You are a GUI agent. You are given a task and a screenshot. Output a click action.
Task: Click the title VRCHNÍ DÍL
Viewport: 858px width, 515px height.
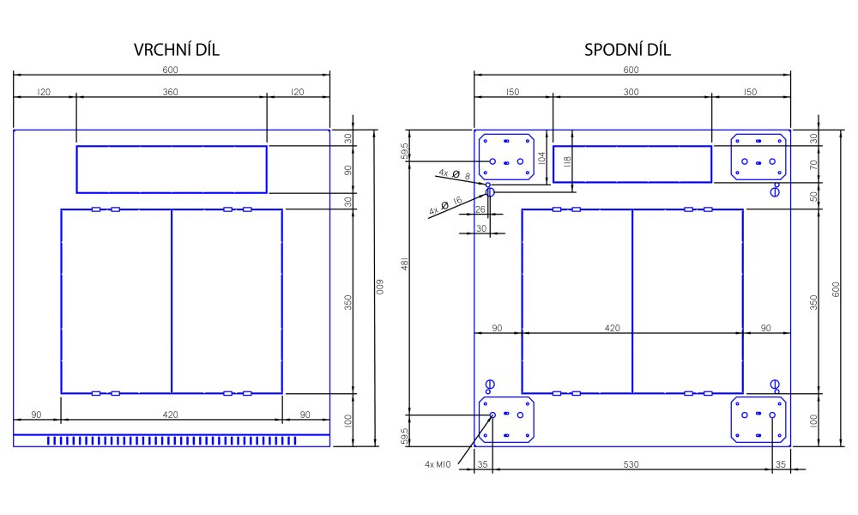coord(177,50)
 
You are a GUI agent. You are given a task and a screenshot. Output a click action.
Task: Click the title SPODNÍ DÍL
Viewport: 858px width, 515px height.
coord(627,50)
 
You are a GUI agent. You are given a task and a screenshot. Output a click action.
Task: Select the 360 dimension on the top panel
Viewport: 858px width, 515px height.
coord(171,92)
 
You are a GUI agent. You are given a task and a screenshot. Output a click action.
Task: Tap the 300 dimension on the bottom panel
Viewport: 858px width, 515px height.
coord(631,92)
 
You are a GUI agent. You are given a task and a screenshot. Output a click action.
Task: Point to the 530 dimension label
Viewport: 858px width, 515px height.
coord(631,464)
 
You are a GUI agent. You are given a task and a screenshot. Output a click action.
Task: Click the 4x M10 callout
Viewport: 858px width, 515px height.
coord(438,464)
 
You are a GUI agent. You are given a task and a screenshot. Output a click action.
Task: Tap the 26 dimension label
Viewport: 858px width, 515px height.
coord(480,209)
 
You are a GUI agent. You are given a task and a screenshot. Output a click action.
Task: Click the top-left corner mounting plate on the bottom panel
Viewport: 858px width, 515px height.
coord(506,156)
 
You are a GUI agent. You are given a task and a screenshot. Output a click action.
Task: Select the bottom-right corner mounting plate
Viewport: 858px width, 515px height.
coord(759,420)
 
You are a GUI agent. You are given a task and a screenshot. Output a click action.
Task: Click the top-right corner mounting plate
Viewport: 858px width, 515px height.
coord(759,156)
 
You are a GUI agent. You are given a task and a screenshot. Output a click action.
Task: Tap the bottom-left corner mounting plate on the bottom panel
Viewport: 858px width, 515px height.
coord(506,420)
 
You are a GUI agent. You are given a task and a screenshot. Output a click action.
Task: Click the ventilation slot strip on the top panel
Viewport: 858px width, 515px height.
coord(172,440)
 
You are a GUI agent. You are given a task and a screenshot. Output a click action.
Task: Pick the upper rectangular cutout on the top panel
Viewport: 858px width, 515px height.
coord(172,169)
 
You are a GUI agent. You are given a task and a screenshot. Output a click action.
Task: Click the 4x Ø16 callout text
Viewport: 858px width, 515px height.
coord(445,205)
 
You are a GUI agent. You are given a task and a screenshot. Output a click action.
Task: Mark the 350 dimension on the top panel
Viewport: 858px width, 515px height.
coord(348,302)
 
